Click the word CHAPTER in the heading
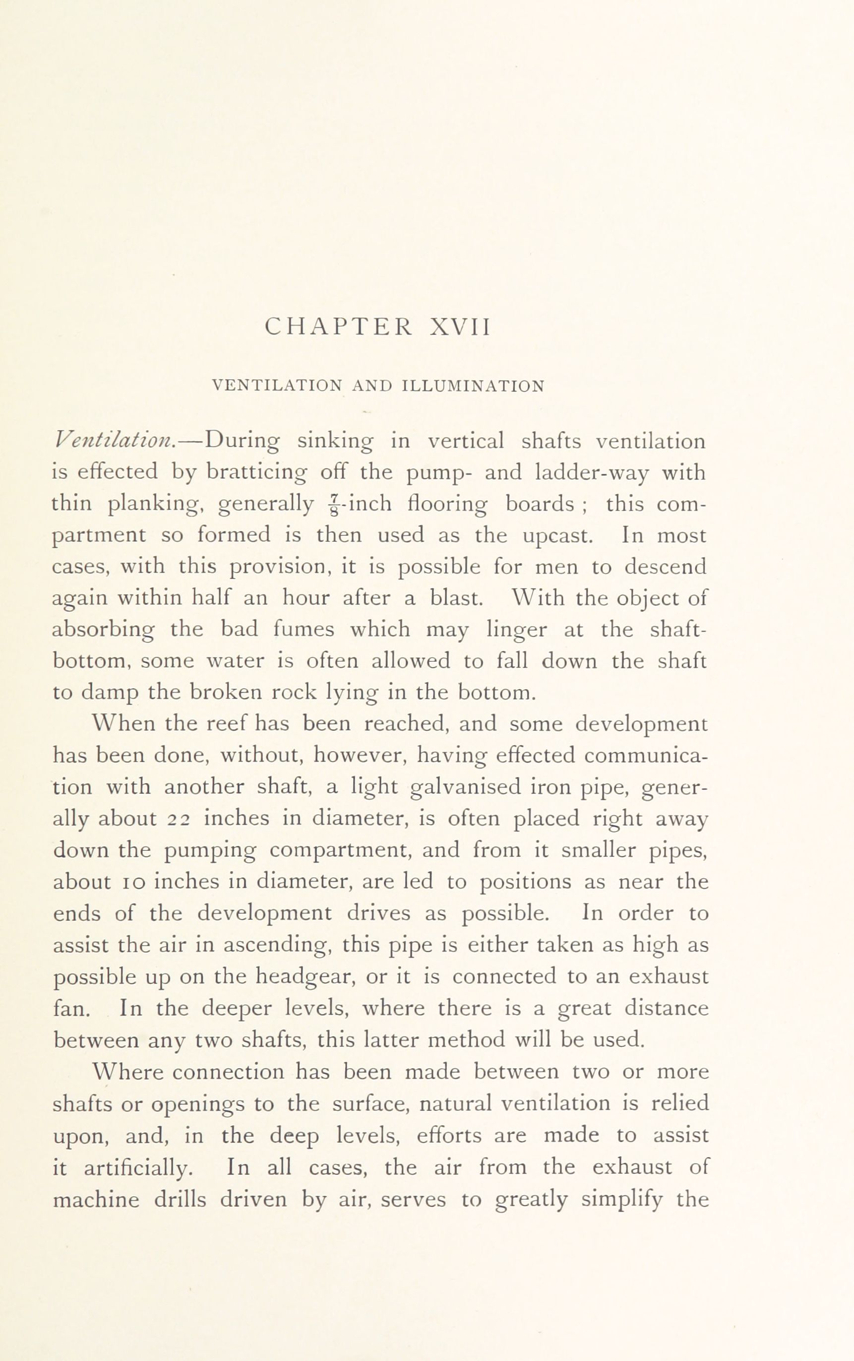[x=338, y=327]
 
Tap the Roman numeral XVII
[x=460, y=327]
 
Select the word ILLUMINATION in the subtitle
[x=473, y=387]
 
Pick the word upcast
[x=557, y=534]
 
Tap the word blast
[x=456, y=598]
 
